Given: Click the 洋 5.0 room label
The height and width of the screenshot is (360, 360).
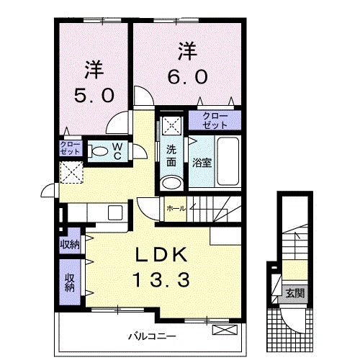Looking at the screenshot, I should click(x=94, y=82).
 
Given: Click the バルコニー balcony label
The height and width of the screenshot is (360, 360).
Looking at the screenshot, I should click(x=153, y=336).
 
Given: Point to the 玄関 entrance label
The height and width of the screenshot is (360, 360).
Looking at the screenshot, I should click(x=294, y=293).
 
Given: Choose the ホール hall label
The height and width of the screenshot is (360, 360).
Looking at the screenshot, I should click(x=176, y=208).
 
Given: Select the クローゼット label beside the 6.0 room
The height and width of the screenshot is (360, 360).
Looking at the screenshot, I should click(x=212, y=119).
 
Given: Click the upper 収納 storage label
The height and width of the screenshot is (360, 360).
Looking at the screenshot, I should click(x=70, y=244).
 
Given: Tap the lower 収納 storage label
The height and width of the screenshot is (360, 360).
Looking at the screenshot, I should click(x=70, y=282).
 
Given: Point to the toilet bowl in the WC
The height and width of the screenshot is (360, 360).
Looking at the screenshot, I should click(x=96, y=151).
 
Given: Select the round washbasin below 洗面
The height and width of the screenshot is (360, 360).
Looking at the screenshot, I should click(x=171, y=182).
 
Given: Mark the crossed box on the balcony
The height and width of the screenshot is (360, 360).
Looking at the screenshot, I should click(x=224, y=330).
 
